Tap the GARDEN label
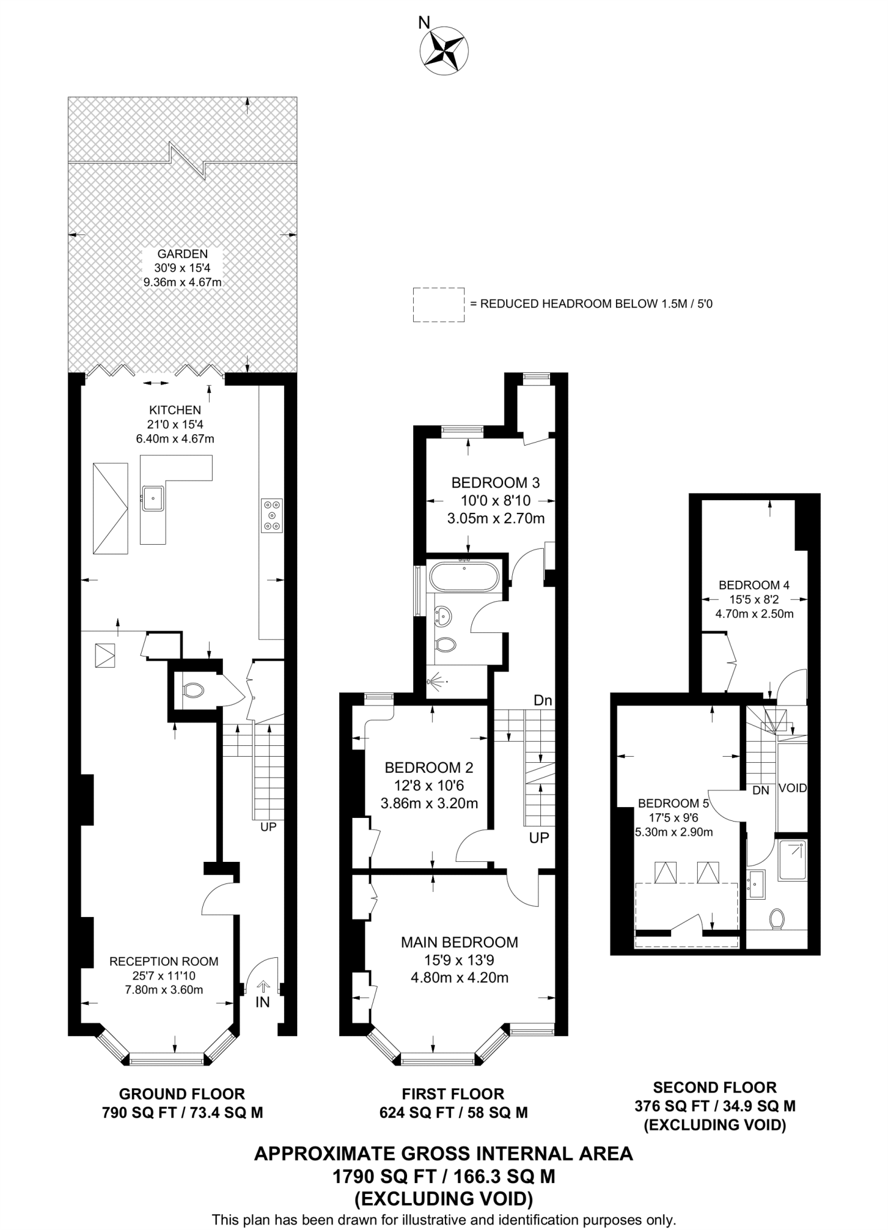pyautogui.click(x=182, y=254)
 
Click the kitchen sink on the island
pyautogui.click(x=154, y=498)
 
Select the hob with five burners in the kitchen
pyautogui.click(x=272, y=515)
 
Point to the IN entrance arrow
pyautogui.click(x=263, y=986)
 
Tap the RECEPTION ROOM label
pyautogui.click(x=164, y=961)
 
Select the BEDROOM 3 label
pyautogui.click(x=495, y=482)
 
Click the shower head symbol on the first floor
pyautogui.click(x=436, y=682)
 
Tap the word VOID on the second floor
pyautogui.click(x=793, y=788)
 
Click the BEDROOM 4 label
pyautogui.click(x=754, y=584)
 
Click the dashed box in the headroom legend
pyautogui.click(x=438, y=304)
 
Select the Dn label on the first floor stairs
pyautogui.click(x=543, y=700)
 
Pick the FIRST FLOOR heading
pyautogui.click(x=453, y=1094)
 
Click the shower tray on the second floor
pyautogui.click(x=792, y=861)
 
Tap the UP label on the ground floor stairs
pyautogui.click(x=268, y=826)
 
